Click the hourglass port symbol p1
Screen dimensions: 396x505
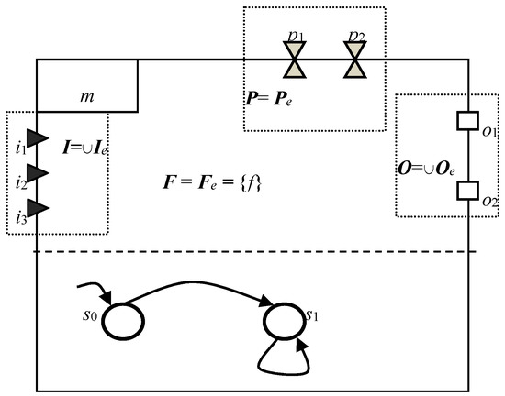296,61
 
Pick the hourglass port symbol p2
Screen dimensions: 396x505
353,61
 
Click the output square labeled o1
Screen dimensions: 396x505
467,121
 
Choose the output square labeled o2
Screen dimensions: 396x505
467,190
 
